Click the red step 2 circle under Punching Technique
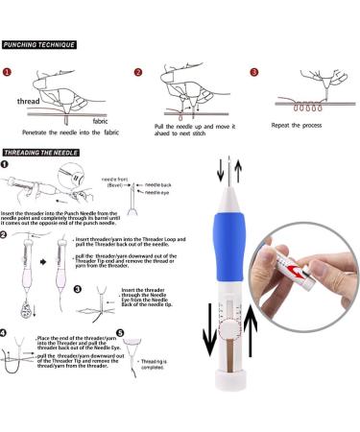pyautogui.click(x=138, y=71)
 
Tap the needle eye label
pyautogui.click(x=157, y=192)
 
